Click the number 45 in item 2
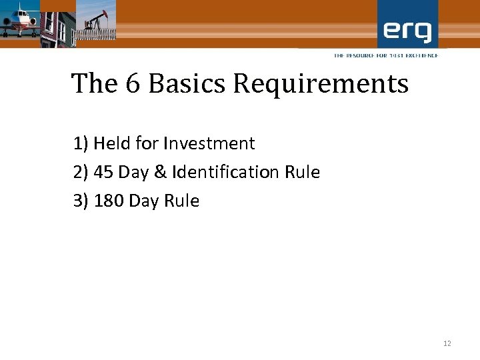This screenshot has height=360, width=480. (103, 173)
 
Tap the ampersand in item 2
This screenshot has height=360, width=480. (160, 173)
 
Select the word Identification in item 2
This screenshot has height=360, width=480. (226, 173)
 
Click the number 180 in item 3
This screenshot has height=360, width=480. (109, 201)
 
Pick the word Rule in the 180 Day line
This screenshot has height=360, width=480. (181, 201)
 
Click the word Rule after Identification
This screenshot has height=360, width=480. (303, 173)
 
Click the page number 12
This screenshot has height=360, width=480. (447, 343)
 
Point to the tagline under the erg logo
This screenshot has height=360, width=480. (386, 55)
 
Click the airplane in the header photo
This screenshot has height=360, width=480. (19, 20)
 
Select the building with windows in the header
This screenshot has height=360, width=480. (56, 24)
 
